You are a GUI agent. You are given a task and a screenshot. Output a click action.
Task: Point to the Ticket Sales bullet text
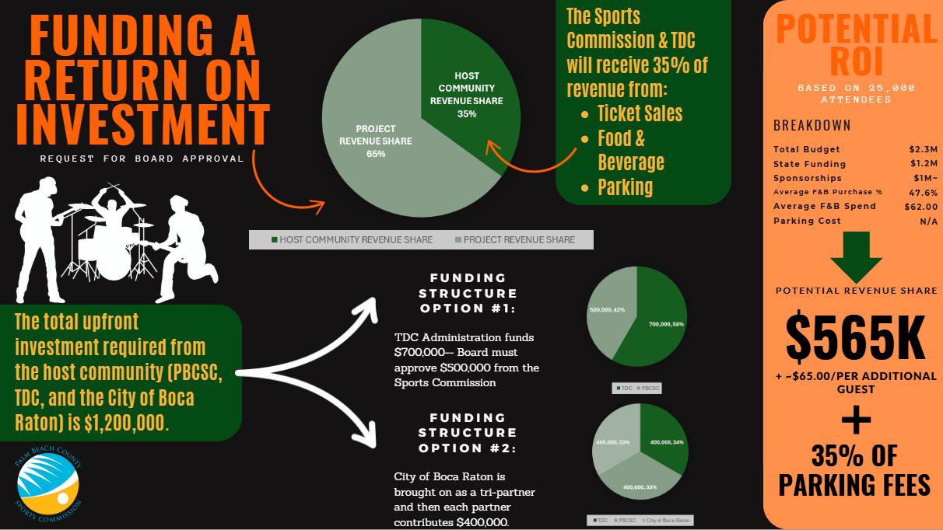pos(640,113)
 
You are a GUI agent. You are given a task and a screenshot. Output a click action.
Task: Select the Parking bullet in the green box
pos(625,187)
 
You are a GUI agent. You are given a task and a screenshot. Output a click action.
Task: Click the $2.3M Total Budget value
pos(923,149)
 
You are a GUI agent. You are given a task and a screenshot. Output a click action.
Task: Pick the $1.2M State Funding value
pos(923,164)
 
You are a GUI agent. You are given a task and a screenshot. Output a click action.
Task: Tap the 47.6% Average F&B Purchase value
pos(922,192)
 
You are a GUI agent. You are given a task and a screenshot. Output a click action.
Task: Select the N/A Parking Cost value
pos(928,221)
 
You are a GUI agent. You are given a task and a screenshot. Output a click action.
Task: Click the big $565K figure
pos(855,336)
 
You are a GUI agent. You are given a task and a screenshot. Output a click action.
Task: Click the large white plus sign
pos(856,420)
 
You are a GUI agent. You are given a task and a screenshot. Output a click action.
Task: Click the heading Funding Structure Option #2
pos(468,433)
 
